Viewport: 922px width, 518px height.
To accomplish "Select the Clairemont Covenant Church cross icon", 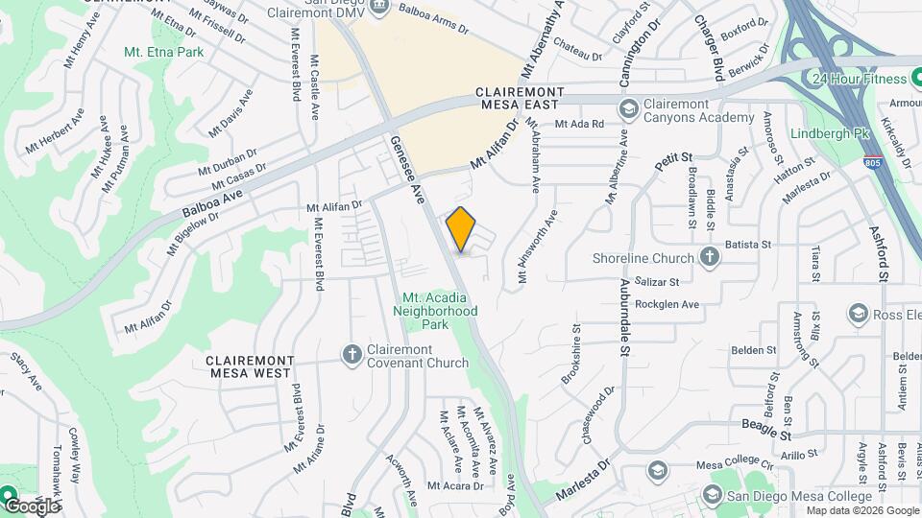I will [x=352, y=355].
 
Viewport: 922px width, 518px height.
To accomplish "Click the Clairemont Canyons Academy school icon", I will [x=629, y=109].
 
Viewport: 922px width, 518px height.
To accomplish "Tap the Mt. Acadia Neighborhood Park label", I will [x=440, y=311].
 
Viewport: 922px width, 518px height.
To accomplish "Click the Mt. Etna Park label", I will [x=164, y=53].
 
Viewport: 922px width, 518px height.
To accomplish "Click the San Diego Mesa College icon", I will [x=712, y=495].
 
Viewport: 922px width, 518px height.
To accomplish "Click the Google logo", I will [x=31, y=506].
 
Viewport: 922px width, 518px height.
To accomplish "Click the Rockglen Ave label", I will [x=665, y=304].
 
